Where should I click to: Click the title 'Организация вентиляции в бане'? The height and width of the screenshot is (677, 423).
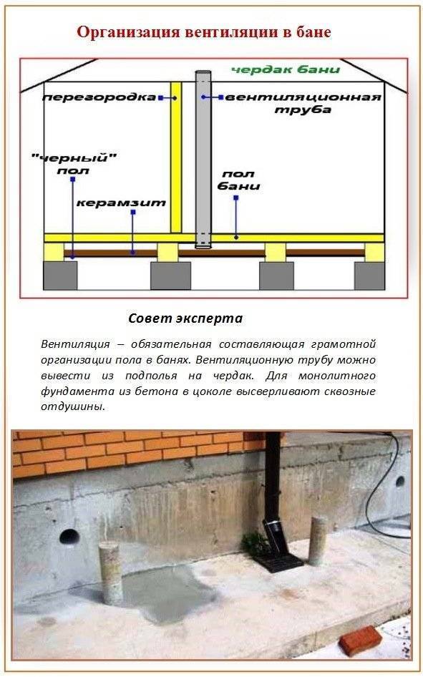click(x=204, y=32)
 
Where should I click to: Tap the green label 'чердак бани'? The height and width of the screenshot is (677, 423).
click(x=286, y=69)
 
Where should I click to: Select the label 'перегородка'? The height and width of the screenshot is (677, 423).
click(x=99, y=97)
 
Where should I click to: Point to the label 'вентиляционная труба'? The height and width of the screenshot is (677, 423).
click(x=303, y=103)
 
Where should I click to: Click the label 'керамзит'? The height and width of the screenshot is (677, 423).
click(x=121, y=203)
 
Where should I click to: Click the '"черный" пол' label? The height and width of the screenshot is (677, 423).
click(x=74, y=164)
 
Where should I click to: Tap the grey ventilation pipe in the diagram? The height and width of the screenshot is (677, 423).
click(x=203, y=160)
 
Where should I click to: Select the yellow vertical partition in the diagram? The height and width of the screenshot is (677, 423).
click(x=175, y=157)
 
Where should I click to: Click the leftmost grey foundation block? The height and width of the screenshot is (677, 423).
click(x=60, y=276)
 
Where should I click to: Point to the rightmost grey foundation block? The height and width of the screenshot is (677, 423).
click(x=369, y=276)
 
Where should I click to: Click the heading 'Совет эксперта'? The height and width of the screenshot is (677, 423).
click(x=185, y=318)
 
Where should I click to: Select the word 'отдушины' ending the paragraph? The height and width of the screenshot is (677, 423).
click(x=73, y=406)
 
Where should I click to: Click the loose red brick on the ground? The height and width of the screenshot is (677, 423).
click(x=360, y=641)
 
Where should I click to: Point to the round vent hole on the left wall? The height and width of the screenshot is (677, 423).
click(x=69, y=537)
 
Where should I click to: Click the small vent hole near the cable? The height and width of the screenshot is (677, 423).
click(x=400, y=481)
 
